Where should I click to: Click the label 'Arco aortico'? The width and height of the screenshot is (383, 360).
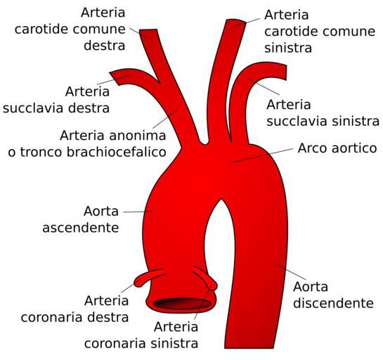click(x=337, y=148)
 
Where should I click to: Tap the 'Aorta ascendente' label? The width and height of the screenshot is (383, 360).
click(x=81, y=219)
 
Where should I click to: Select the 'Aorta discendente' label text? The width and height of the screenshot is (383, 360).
click(x=333, y=295)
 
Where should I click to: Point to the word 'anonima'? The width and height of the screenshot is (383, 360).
click(x=138, y=136)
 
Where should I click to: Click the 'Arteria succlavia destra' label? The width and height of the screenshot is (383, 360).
click(x=56, y=100)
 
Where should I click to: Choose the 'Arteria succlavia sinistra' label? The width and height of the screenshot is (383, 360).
click(x=323, y=113)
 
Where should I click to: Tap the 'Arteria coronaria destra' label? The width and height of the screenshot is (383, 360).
click(x=74, y=309)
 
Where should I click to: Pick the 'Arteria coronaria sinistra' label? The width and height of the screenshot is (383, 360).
click(x=141, y=335)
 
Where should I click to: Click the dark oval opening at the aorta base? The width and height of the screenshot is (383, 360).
click(x=182, y=304)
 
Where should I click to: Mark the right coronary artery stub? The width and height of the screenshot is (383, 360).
click(x=148, y=278)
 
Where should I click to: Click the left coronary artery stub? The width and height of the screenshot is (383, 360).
click(x=206, y=278)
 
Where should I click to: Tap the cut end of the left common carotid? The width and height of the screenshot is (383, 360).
click(x=236, y=22)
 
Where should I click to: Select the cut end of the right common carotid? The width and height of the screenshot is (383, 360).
click(x=148, y=30)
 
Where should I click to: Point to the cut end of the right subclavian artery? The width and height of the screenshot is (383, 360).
click(x=115, y=78)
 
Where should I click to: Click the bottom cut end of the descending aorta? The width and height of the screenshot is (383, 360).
click(x=249, y=348)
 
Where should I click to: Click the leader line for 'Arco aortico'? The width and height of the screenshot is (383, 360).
click(x=262, y=155)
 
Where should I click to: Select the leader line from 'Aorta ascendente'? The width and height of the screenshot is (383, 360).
click(x=138, y=212)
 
